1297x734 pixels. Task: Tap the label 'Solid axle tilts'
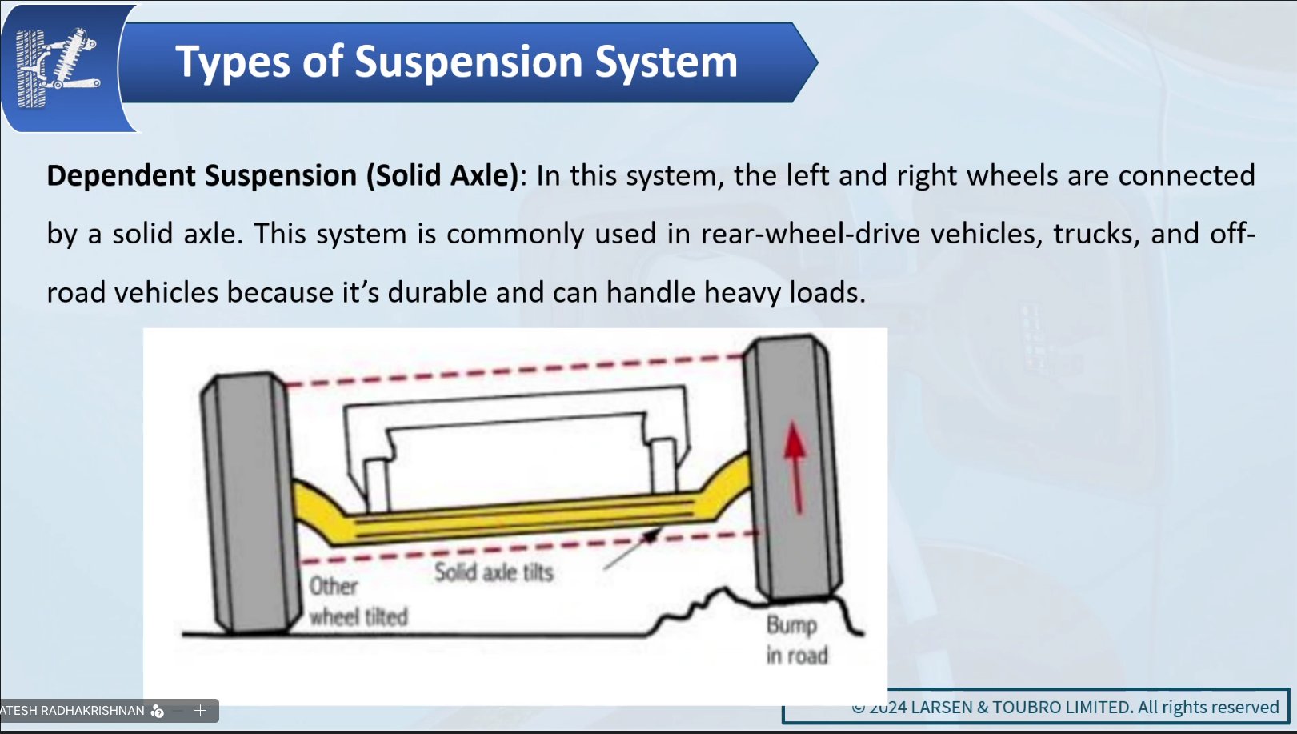pyautogui.click(x=494, y=572)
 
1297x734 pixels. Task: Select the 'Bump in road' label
pyautogui.click(x=796, y=640)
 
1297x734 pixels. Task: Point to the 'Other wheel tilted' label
pyautogui.click(x=358, y=601)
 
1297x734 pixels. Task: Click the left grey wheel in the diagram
pyautogui.click(x=250, y=503)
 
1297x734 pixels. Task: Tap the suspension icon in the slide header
pyautogui.click(x=57, y=68)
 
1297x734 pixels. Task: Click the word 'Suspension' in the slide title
pyautogui.click(x=468, y=62)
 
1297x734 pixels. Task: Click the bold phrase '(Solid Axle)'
pyautogui.click(x=442, y=175)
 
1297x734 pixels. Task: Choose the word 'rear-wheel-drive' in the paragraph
pyautogui.click(x=810, y=234)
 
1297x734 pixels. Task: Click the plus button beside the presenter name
pyautogui.click(x=200, y=710)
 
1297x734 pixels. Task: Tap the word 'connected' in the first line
pyautogui.click(x=1187, y=175)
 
